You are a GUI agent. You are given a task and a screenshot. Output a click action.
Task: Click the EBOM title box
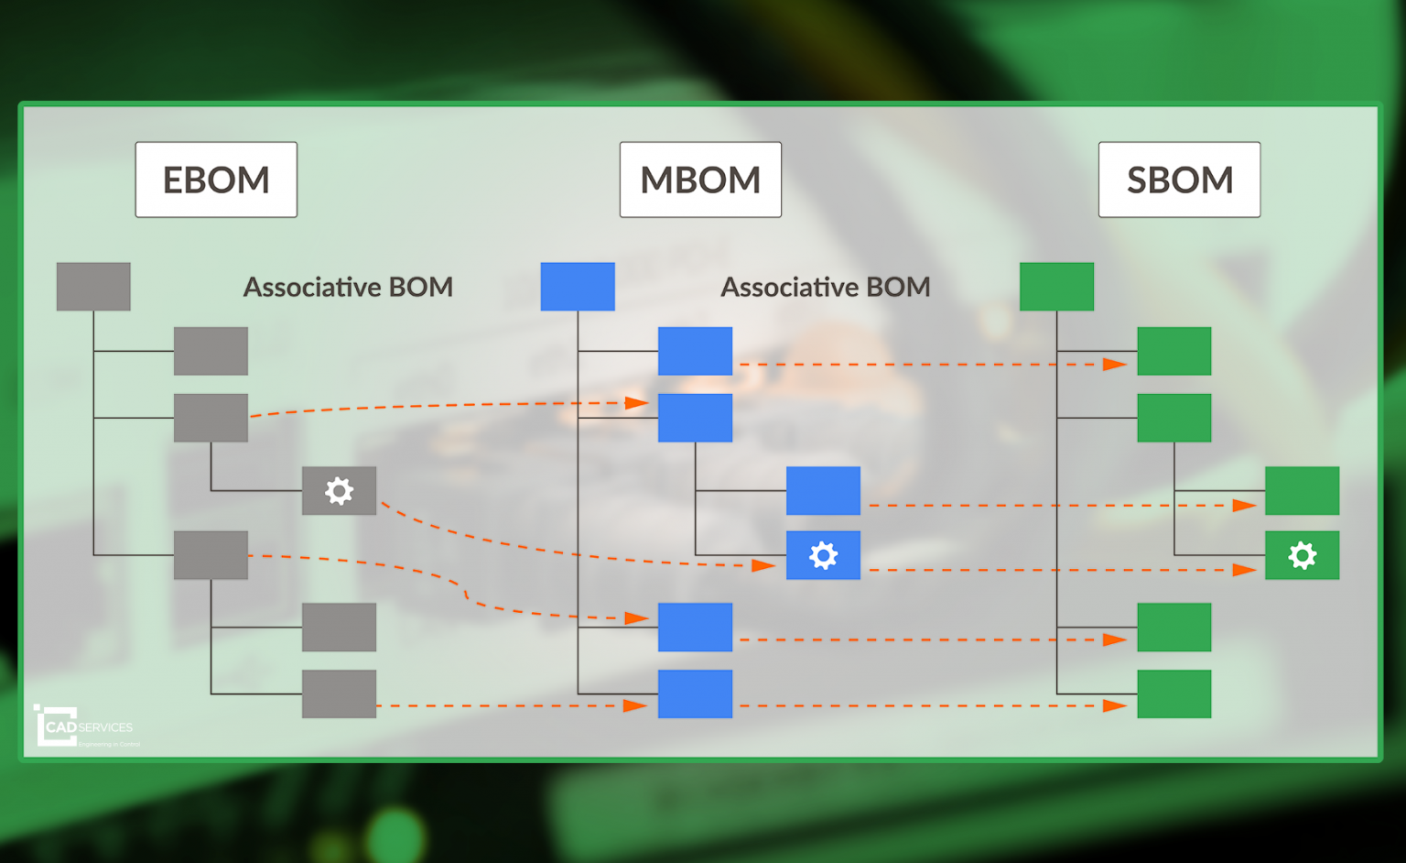(x=216, y=180)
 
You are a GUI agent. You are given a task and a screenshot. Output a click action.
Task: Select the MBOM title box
(x=700, y=180)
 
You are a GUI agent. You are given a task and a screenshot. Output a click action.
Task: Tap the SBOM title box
(x=1179, y=180)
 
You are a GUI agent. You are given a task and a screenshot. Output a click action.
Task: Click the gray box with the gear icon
(x=339, y=491)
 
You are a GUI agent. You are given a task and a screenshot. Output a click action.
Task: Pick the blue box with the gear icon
(x=823, y=555)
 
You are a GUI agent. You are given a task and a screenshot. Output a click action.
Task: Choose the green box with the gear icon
(x=1302, y=555)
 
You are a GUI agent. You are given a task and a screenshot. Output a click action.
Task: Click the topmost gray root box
(x=93, y=287)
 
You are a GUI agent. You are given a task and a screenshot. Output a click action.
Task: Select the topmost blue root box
(x=578, y=287)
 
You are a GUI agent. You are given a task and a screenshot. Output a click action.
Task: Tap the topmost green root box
(x=1056, y=287)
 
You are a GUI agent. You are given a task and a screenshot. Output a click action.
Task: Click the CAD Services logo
(x=84, y=726)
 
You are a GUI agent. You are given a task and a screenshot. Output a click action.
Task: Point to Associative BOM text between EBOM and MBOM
(x=348, y=288)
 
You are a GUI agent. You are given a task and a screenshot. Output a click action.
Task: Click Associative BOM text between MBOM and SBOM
(x=826, y=288)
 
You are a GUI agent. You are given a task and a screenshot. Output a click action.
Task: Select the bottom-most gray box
(x=339, y=694)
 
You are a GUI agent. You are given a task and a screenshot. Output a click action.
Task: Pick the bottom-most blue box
(x=695, y=694)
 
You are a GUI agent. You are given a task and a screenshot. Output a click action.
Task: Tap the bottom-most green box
(x=1173, y=694)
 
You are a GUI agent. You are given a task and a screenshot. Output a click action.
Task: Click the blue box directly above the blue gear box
(x=823, y=491)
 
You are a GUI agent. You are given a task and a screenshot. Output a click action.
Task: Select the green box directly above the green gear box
(x=1302, y=491)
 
